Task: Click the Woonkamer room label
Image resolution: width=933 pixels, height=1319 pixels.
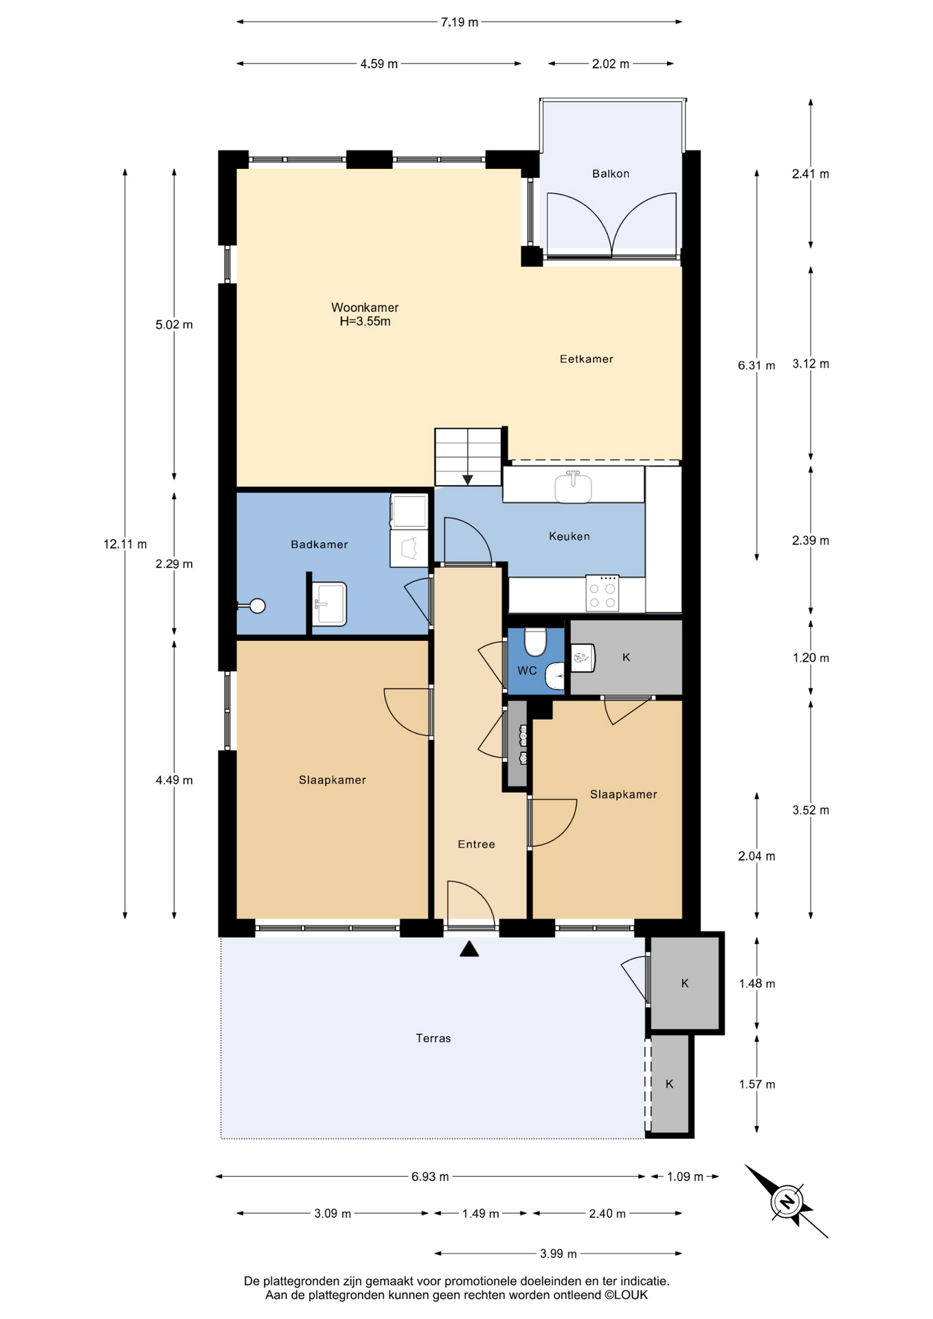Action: pyautogui.click(x=365, y=308)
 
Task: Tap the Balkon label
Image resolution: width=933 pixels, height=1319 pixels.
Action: pyautogui.click(x=611, y=174)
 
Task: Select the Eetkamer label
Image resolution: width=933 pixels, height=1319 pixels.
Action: pyautogui.click(x=587, y=359)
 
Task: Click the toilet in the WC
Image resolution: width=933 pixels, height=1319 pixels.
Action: pyautogui.click(x=535, y=642)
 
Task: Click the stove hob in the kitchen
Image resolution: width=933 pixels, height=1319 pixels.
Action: pyautogui.click(x=603, y=593)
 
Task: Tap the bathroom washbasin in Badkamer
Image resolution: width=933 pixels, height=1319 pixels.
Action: pyautogui.click(x=330, y=604)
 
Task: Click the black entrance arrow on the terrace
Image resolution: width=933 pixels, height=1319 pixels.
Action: pyautogui.click(x=469, y=949)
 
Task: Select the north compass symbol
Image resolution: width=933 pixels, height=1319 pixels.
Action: pyautogui.click(x=787, y=1202)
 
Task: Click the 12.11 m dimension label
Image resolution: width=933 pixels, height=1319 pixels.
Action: pyautogui.click(x=125, y=544)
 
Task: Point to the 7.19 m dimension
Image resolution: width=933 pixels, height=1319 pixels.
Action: pyautogui.click(x=460, y=22)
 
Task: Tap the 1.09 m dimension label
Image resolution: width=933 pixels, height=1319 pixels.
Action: pyautogui.click(x=685, y=1177)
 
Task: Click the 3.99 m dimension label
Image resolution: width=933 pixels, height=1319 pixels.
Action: pyautogui.click(x=558, y=1254)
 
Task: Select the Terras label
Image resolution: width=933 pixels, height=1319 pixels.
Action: pyautogui.click(x=434, y=1038)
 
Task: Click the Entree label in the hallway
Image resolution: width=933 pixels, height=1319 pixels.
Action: pyautogui.click(x=476, y=844)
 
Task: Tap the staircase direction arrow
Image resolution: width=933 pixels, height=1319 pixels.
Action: pyautogui.click(x=468, y=480)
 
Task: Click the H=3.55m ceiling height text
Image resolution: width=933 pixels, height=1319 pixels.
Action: pyautogui.click(x=365, y=322)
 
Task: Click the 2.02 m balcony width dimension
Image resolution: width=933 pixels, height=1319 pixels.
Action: pyautogui.click(x=611, y=64)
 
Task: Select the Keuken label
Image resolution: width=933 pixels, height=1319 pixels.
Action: pyautogui.click(x=570, y=536)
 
